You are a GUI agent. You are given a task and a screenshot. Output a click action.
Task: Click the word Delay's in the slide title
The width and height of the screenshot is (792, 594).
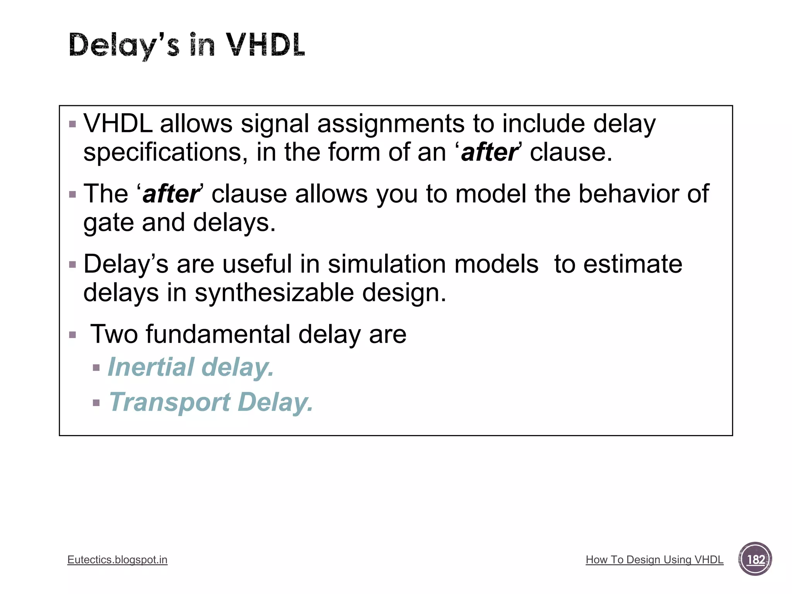coord(124,46)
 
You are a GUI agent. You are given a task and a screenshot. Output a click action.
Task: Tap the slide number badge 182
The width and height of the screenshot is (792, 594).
coord(755,559)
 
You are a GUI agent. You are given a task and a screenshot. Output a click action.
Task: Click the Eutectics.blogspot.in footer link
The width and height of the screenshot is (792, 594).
coord(117,560)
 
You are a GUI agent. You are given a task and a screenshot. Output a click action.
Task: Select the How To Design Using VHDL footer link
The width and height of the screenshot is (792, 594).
coord(654,560)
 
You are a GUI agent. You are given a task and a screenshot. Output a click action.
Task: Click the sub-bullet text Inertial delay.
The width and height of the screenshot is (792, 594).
coord(191,367)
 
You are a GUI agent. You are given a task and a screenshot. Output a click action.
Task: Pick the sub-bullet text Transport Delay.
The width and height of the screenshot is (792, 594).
coord(211,402)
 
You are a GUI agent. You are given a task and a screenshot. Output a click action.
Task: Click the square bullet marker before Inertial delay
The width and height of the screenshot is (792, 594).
coord(96,368)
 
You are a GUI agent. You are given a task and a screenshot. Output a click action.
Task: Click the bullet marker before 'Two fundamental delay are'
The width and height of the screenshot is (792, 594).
coord(72,335)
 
